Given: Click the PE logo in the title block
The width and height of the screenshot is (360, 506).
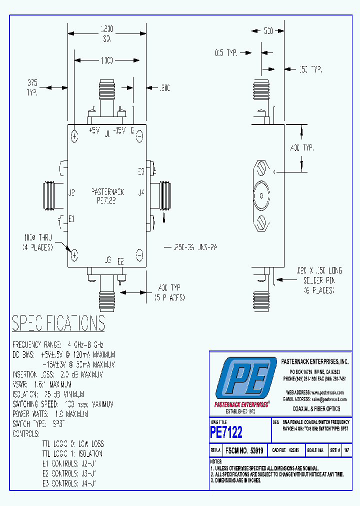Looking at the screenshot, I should pos(245,378).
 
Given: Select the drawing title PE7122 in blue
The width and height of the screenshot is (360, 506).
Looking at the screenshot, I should pos(226,431).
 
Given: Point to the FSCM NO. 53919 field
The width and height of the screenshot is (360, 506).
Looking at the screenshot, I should pos(244,450).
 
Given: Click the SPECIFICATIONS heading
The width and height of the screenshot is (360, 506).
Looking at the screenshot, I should pos(58,323).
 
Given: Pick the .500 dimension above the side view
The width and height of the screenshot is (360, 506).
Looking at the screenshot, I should pos(268,31).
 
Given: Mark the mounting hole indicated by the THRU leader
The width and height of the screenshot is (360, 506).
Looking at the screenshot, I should pos(74,255).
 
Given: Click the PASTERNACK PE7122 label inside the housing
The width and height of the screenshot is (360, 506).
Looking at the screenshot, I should pos(107,195).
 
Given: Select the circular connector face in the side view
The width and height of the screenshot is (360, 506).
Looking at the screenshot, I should pos(261,195).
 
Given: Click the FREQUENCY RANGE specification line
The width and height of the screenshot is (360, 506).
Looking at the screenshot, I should pos(58,345).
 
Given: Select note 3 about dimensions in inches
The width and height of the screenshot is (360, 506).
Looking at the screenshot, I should pos(236,480).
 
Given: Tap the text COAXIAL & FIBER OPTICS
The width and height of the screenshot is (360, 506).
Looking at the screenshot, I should pos(316,408).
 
